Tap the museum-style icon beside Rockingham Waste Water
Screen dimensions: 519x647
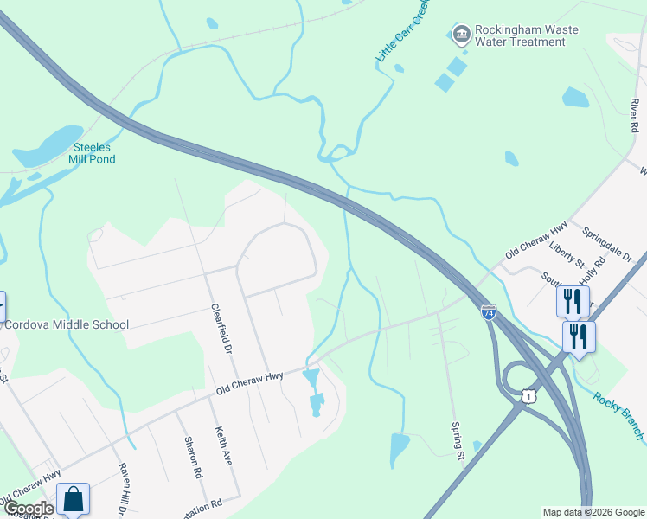click(461, 34)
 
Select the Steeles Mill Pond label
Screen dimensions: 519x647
click(93, 153)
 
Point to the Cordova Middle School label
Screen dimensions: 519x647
click(66, 325)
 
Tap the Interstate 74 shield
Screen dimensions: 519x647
click(489, 313)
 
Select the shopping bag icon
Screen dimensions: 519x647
click(74, 499)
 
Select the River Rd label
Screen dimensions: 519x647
click(634, 115)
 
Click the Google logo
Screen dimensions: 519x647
click(28, 508)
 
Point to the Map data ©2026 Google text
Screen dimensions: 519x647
click(593, 512)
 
